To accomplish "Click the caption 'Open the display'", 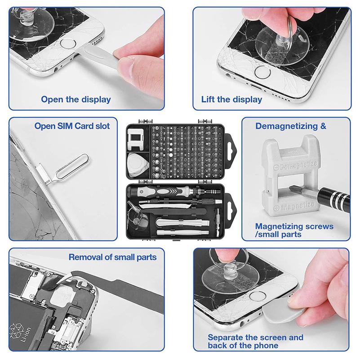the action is pyautogui.click(x=76, y=99).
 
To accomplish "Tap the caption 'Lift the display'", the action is pyautogui.click(x=231, y=99).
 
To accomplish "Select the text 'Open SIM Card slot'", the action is pyautogui.click(x=72, y=126).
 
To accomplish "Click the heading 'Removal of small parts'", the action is pyautogui.click(x=112, y=257).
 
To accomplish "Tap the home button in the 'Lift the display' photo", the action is pyautogui.click(x=262, y=72).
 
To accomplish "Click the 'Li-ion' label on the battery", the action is pyautogui.click(x=25, y=335).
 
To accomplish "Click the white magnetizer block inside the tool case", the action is pyautogui.click(x=135, y=139).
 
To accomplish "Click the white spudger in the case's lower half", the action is pyautogui.click(x=182, y=222).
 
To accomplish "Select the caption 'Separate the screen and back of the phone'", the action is pyautogui.click(x=256, y=342).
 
